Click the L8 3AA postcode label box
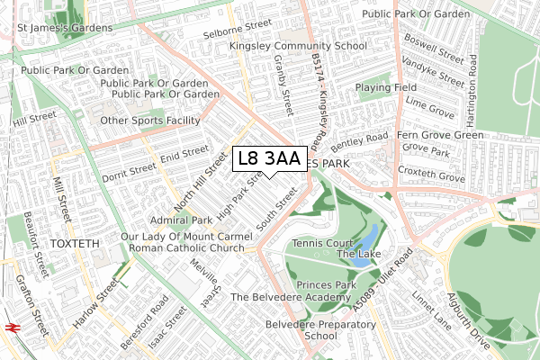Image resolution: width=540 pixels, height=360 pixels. (269, 158)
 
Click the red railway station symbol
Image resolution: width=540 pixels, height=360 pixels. (12, 328)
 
